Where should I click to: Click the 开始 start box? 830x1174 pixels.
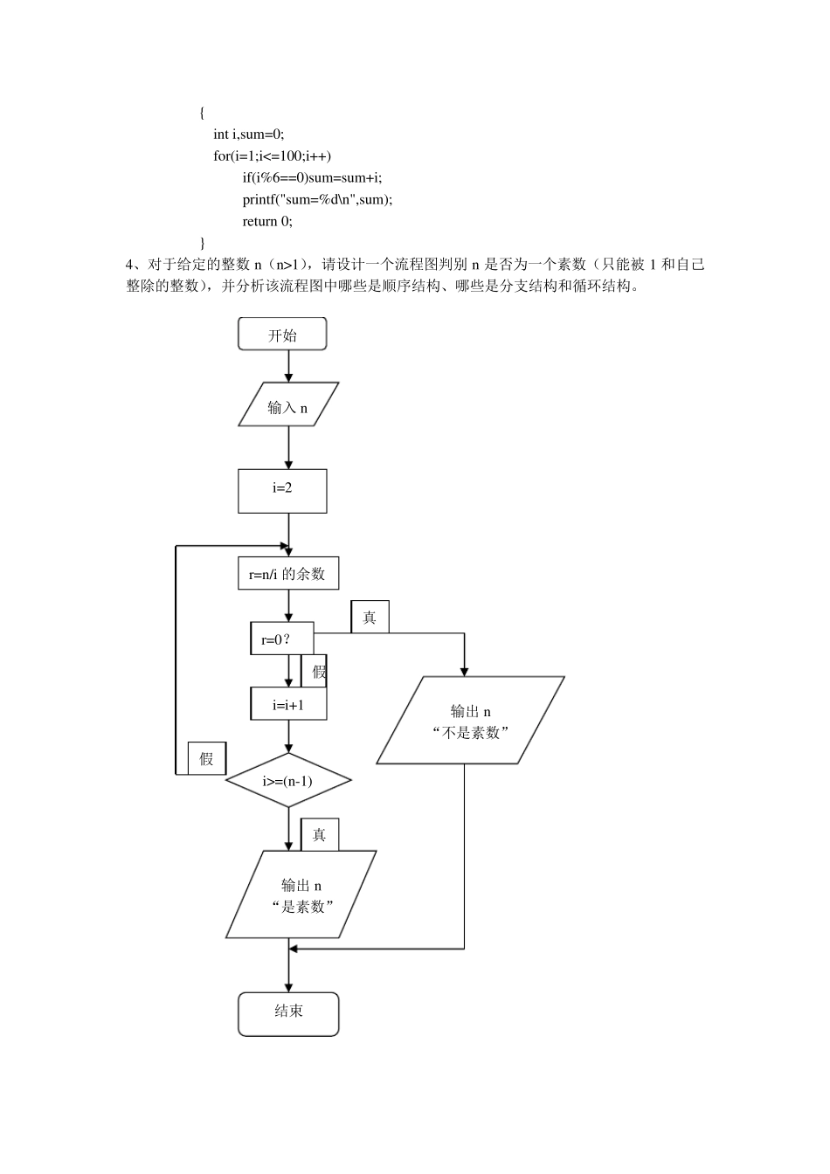[x=282, y=335]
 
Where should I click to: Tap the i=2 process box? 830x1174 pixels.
[x=282, y=491]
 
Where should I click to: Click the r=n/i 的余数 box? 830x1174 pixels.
[x=287, y=573]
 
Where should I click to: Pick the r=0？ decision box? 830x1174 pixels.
[x=281, y=639]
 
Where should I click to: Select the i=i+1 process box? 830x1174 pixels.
[x=288, y=704]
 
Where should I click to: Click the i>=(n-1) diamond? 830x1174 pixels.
[x=288, y=780]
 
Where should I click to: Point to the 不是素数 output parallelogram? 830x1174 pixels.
[x=471, y=722]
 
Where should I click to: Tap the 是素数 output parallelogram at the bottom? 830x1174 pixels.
[x=301, y=894]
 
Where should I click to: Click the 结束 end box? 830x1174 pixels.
[x=288, y=1013]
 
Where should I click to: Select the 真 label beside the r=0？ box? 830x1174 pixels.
[x=370, y=618]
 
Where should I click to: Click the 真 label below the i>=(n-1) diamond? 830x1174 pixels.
[x=320, y=835]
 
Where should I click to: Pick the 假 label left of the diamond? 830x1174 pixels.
[x=207, y=758]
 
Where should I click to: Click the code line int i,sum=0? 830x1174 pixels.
[x=249, y=134]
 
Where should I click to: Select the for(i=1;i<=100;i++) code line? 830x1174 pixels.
[x=273, y=155]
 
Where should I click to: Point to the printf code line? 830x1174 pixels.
[x=317, y=199]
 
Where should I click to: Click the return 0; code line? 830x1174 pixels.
[x=267, y=221]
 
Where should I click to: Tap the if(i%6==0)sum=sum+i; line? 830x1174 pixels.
[x=312, y=177]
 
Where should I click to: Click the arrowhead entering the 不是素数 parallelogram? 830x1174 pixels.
[x=464, y=670]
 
